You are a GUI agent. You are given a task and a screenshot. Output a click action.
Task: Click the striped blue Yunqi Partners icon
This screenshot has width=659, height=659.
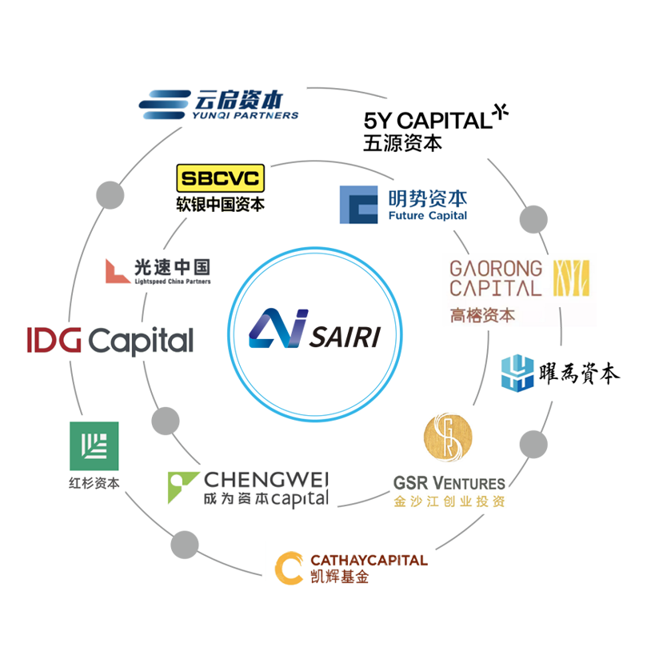pos(165,104)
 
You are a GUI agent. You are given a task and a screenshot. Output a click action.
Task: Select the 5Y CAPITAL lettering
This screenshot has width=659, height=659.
pos(427,121)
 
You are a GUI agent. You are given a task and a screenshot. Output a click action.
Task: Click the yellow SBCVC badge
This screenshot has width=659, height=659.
pos(220,178)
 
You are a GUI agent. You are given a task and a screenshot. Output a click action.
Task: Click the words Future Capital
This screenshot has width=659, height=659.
pos(427,216)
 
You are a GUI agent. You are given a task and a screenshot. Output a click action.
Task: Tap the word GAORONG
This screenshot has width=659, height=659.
pos(495,268)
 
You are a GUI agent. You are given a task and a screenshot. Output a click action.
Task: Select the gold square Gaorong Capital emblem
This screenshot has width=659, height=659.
pos(572,278)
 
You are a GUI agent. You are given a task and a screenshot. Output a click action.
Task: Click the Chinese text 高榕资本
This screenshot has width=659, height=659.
pos(482,316)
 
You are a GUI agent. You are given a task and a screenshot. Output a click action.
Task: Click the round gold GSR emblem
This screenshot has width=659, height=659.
pos(448,437)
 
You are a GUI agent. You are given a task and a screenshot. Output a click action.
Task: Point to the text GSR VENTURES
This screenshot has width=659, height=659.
pos(449,483)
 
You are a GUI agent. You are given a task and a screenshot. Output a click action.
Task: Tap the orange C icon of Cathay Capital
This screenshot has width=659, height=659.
pos(289,567)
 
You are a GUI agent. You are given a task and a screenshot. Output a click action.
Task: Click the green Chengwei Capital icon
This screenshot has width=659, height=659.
pos(182,486)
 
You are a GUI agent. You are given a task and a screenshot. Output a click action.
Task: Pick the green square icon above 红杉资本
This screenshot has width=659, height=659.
pos(94,445)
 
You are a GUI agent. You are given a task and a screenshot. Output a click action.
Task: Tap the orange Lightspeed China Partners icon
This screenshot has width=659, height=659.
pos(118,271)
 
